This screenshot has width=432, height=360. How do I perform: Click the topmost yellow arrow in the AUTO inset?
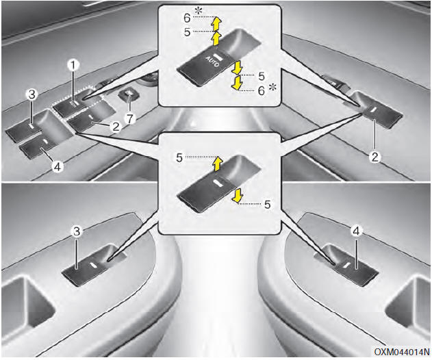(x=216, y=23)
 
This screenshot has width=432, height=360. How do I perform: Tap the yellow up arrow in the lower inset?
(x=216, y=163)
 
